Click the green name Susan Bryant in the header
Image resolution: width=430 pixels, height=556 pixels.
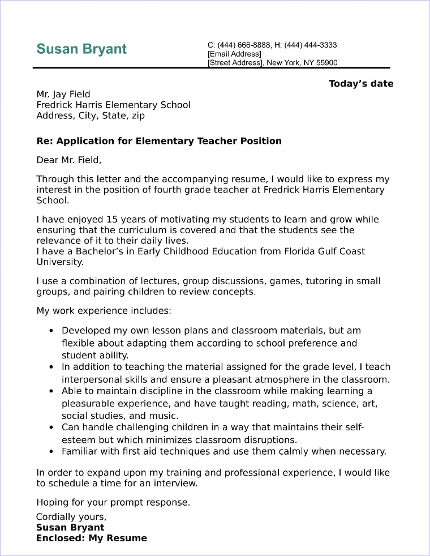pos(81,49)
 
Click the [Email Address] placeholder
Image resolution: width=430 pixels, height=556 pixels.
pos(234,54)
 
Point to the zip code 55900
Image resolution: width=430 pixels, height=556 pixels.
pos(326,63)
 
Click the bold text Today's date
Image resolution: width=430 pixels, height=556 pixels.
pos(361,84)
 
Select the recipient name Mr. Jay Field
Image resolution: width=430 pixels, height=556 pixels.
pos(63,94)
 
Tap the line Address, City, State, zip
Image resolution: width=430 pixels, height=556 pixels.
pos(91,116)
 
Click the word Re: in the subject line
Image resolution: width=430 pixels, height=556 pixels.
pos(45,141)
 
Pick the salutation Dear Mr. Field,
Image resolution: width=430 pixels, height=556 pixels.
pos(69,160)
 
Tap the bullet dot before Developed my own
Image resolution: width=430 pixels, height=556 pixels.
pos(51,331)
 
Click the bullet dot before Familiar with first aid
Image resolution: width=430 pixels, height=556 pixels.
pos(51,452)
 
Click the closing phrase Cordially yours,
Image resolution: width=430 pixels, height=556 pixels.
pos(71,517)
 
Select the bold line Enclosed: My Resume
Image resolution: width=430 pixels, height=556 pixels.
pos(92,538)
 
